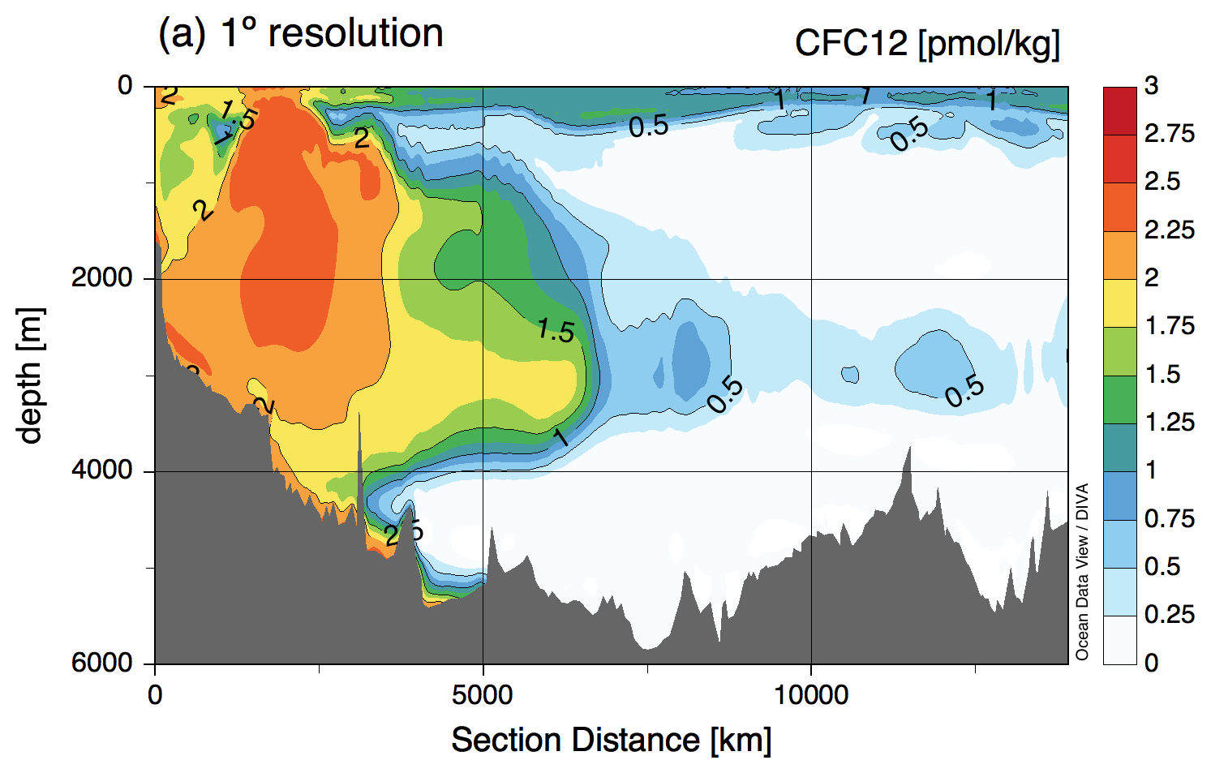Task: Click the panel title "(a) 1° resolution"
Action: (300, 34)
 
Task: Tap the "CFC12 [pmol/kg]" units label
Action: (926, 43)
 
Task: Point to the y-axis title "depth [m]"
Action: (30, 375)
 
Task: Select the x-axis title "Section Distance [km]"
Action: (611, 740)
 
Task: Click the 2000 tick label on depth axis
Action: (101, 278)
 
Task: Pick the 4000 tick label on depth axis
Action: (101, 470)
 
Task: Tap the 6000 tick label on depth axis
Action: (101, 663)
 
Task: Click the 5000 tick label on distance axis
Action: (483, 695)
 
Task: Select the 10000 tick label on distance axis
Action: (810, 695)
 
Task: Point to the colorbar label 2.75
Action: (1169, 134)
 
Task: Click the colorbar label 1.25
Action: (1169, 422)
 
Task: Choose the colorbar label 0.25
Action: (1169, 615)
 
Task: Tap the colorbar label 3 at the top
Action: (1152, 85)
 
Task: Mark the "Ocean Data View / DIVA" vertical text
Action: (1082, 572)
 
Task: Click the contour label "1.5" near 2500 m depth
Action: (556, 330)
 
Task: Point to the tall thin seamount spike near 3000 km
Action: (359, 454)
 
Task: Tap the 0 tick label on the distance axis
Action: (155, 695)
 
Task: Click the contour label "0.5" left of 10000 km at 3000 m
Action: (724, 395)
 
